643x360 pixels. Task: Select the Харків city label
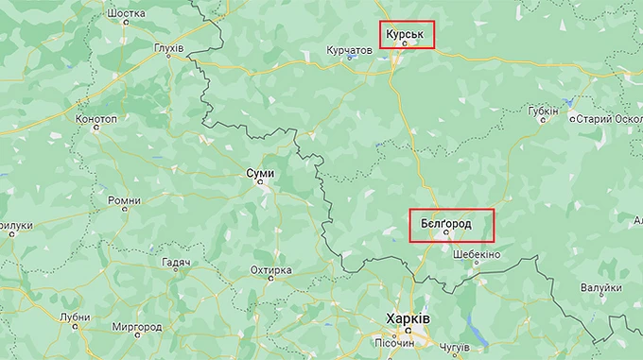click(x=408, y=318)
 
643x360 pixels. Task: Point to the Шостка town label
click(x=128, y=14)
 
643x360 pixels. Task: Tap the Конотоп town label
click(x=96, y=120)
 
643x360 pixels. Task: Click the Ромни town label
click(x=124, y=200)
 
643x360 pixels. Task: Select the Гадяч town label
click(x=176, y=262)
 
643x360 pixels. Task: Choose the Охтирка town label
click(x=270, y=271)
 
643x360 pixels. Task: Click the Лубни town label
click(x=75, y=317)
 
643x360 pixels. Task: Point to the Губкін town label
click(x=544, y=111)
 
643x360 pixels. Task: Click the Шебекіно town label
click(x=477, y=255)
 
